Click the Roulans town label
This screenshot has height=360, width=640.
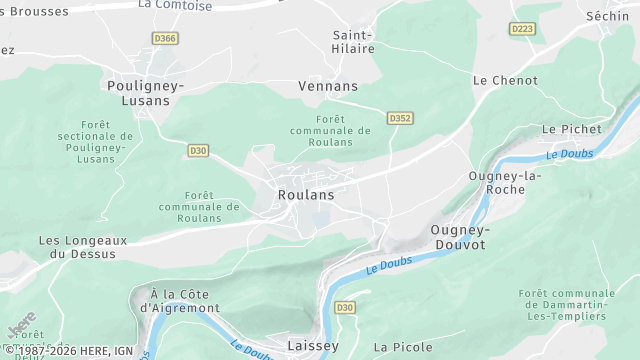306,195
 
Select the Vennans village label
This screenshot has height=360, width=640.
328,86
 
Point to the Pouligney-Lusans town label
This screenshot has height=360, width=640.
146,93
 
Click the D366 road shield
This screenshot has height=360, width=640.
165,38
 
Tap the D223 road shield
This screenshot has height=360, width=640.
522,29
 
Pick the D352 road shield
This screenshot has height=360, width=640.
400,118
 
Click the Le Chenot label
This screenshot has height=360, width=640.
505,80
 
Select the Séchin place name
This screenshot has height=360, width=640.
608,16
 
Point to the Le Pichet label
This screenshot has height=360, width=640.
572,129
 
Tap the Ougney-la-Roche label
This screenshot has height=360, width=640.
505,183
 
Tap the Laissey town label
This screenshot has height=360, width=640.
313,346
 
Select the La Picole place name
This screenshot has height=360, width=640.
403,347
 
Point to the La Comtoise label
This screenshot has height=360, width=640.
175,4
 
